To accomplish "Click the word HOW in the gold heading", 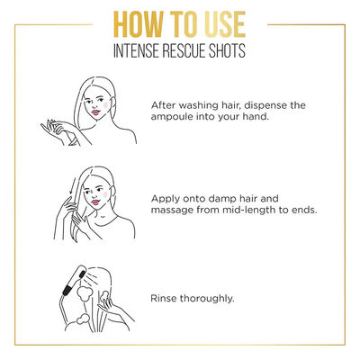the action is [139, 24].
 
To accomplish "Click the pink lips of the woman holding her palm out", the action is [95, 112].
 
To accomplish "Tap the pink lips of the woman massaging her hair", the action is [95, 202].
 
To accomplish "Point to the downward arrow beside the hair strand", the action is [72, 187].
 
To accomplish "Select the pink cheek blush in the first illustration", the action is [106, 105].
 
